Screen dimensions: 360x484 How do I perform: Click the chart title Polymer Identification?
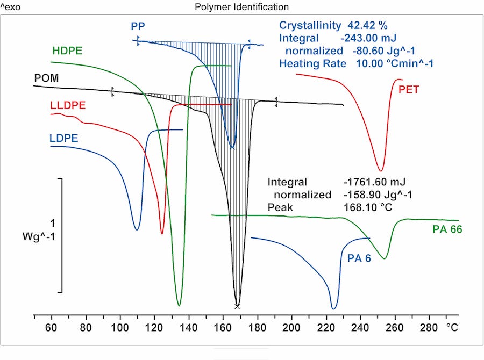(241, 7)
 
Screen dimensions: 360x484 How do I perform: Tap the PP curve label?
(138, 26)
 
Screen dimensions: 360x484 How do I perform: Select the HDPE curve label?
(71, 52)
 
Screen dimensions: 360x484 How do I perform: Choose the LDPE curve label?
(64, 138)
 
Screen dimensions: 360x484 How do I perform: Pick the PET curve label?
(409, 90)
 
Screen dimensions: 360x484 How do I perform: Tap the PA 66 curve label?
(447, 230)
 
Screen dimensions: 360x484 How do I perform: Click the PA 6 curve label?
(359, 258)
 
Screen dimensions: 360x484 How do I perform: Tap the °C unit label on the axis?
(452, 326)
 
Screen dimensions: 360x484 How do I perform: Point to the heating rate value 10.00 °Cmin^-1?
(395, 63)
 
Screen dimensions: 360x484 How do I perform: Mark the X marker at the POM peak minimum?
(237, 306)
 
